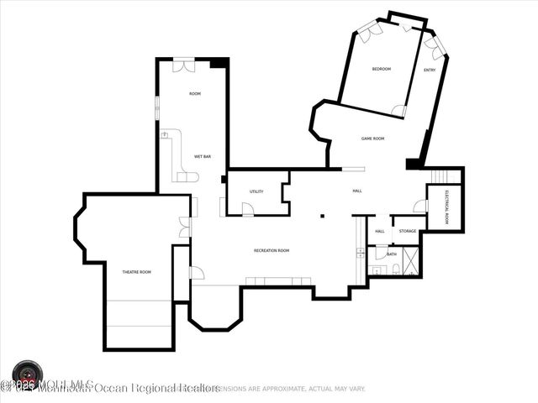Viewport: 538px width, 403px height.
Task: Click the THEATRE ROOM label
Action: [137, 272]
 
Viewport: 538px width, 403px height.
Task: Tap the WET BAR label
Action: [202, 156]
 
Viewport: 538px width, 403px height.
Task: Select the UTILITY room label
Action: [256, 191]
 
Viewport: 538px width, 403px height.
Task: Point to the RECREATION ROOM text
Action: [272, 250]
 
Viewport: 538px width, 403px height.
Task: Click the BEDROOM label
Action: [381, 69]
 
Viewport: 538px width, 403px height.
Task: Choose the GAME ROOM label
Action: [372, 138]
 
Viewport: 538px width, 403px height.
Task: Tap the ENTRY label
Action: [430, 70]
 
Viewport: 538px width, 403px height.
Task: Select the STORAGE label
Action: [408, 231]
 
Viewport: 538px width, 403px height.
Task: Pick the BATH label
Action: [392, 254]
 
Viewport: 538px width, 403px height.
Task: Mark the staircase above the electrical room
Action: [445, 176]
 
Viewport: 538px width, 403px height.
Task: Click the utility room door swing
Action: [247, 208]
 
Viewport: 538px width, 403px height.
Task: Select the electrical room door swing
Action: [419, 206]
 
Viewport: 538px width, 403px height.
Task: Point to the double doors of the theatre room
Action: [185, 227]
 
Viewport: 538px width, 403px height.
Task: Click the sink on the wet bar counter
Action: [166, 135]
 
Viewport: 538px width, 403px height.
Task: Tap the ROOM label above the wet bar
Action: [195, 93]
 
